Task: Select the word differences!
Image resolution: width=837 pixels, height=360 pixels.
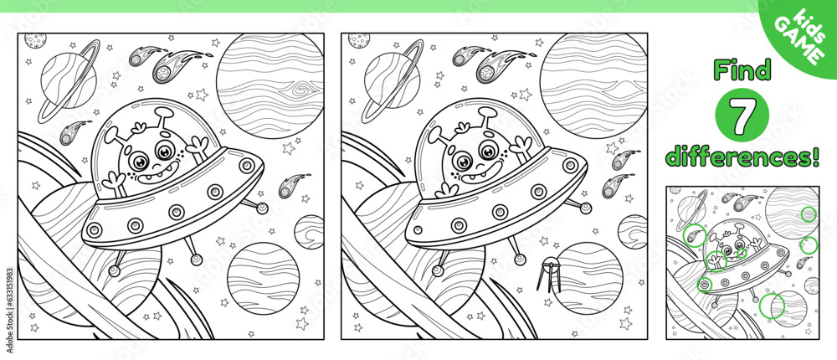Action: (x=740, y=156)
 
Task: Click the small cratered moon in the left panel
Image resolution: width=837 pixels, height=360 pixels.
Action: (x=34, y=39)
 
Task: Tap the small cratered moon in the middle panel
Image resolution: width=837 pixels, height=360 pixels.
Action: (x=357, y=39)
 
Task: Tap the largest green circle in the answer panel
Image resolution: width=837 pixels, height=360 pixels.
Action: (x=771, y=307)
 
